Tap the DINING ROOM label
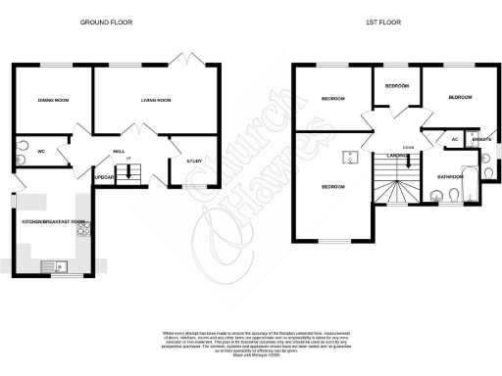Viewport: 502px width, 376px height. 52,100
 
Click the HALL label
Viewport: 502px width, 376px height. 118,152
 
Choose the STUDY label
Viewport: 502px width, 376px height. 193,162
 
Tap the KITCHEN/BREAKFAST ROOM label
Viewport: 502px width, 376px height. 54,221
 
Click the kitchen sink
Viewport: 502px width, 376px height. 50,265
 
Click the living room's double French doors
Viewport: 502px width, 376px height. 180,63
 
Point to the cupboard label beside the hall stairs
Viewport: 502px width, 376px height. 105,177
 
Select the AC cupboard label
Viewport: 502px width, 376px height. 454,140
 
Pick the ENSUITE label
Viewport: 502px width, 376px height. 481,140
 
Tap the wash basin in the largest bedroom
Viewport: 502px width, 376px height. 348,157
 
